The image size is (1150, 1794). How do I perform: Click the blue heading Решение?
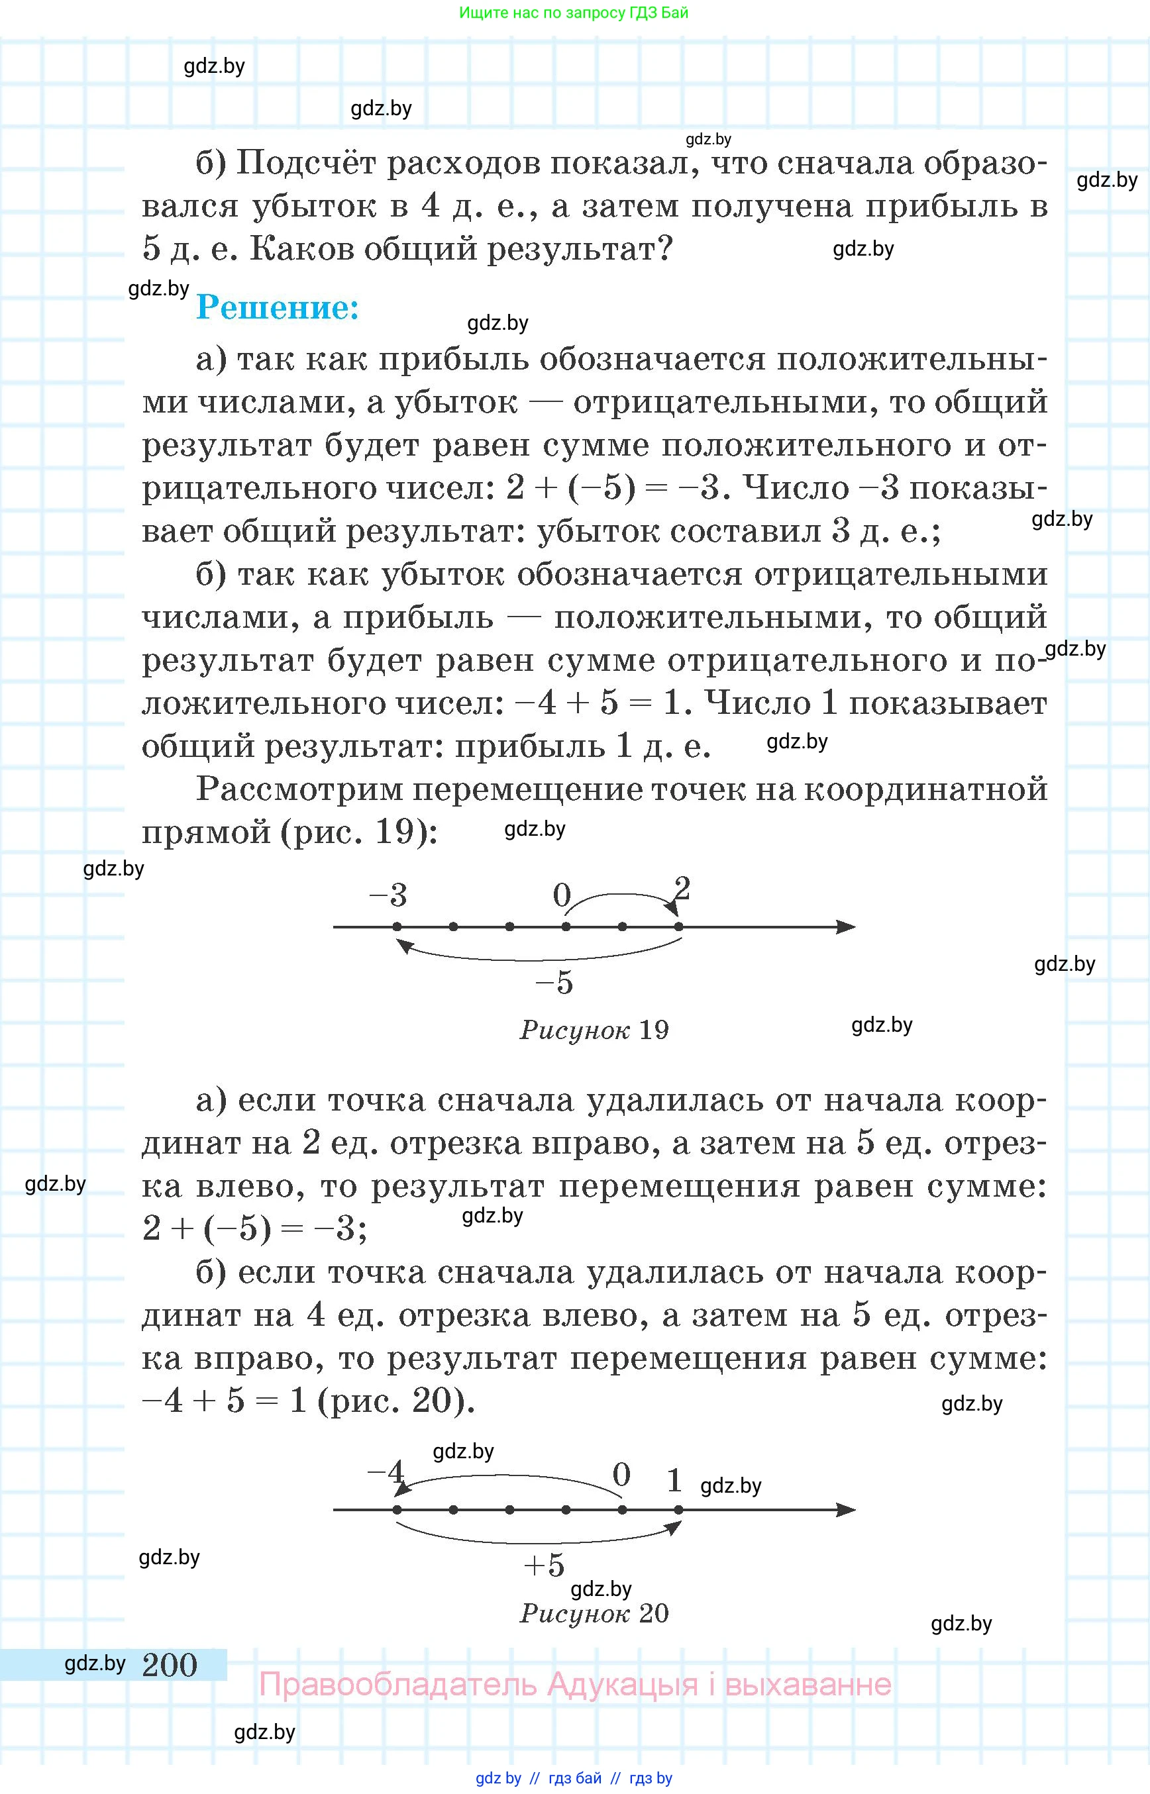coord(277,307)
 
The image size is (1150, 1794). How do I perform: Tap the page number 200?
coord(170,1664)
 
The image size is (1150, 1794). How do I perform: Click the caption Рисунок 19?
coord(594,1030)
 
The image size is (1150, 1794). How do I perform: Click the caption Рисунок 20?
coord(594,1613)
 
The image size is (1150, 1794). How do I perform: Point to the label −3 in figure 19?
coord(388,895)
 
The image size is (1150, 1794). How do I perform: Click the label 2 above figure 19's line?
coord(682,889)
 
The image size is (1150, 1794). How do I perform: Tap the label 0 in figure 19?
coord(562,895)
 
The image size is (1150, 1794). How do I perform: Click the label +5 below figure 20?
coord(545,1565)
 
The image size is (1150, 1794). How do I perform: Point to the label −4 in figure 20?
coord(386,1472)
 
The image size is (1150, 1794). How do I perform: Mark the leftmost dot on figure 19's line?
coord(397,927)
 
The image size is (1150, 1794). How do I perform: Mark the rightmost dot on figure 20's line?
coord(678,1509)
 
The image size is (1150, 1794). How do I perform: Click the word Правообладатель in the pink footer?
coord(397,1685)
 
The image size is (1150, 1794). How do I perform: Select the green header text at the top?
coord(574,13)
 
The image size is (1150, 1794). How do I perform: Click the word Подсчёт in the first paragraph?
coord(306,163)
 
